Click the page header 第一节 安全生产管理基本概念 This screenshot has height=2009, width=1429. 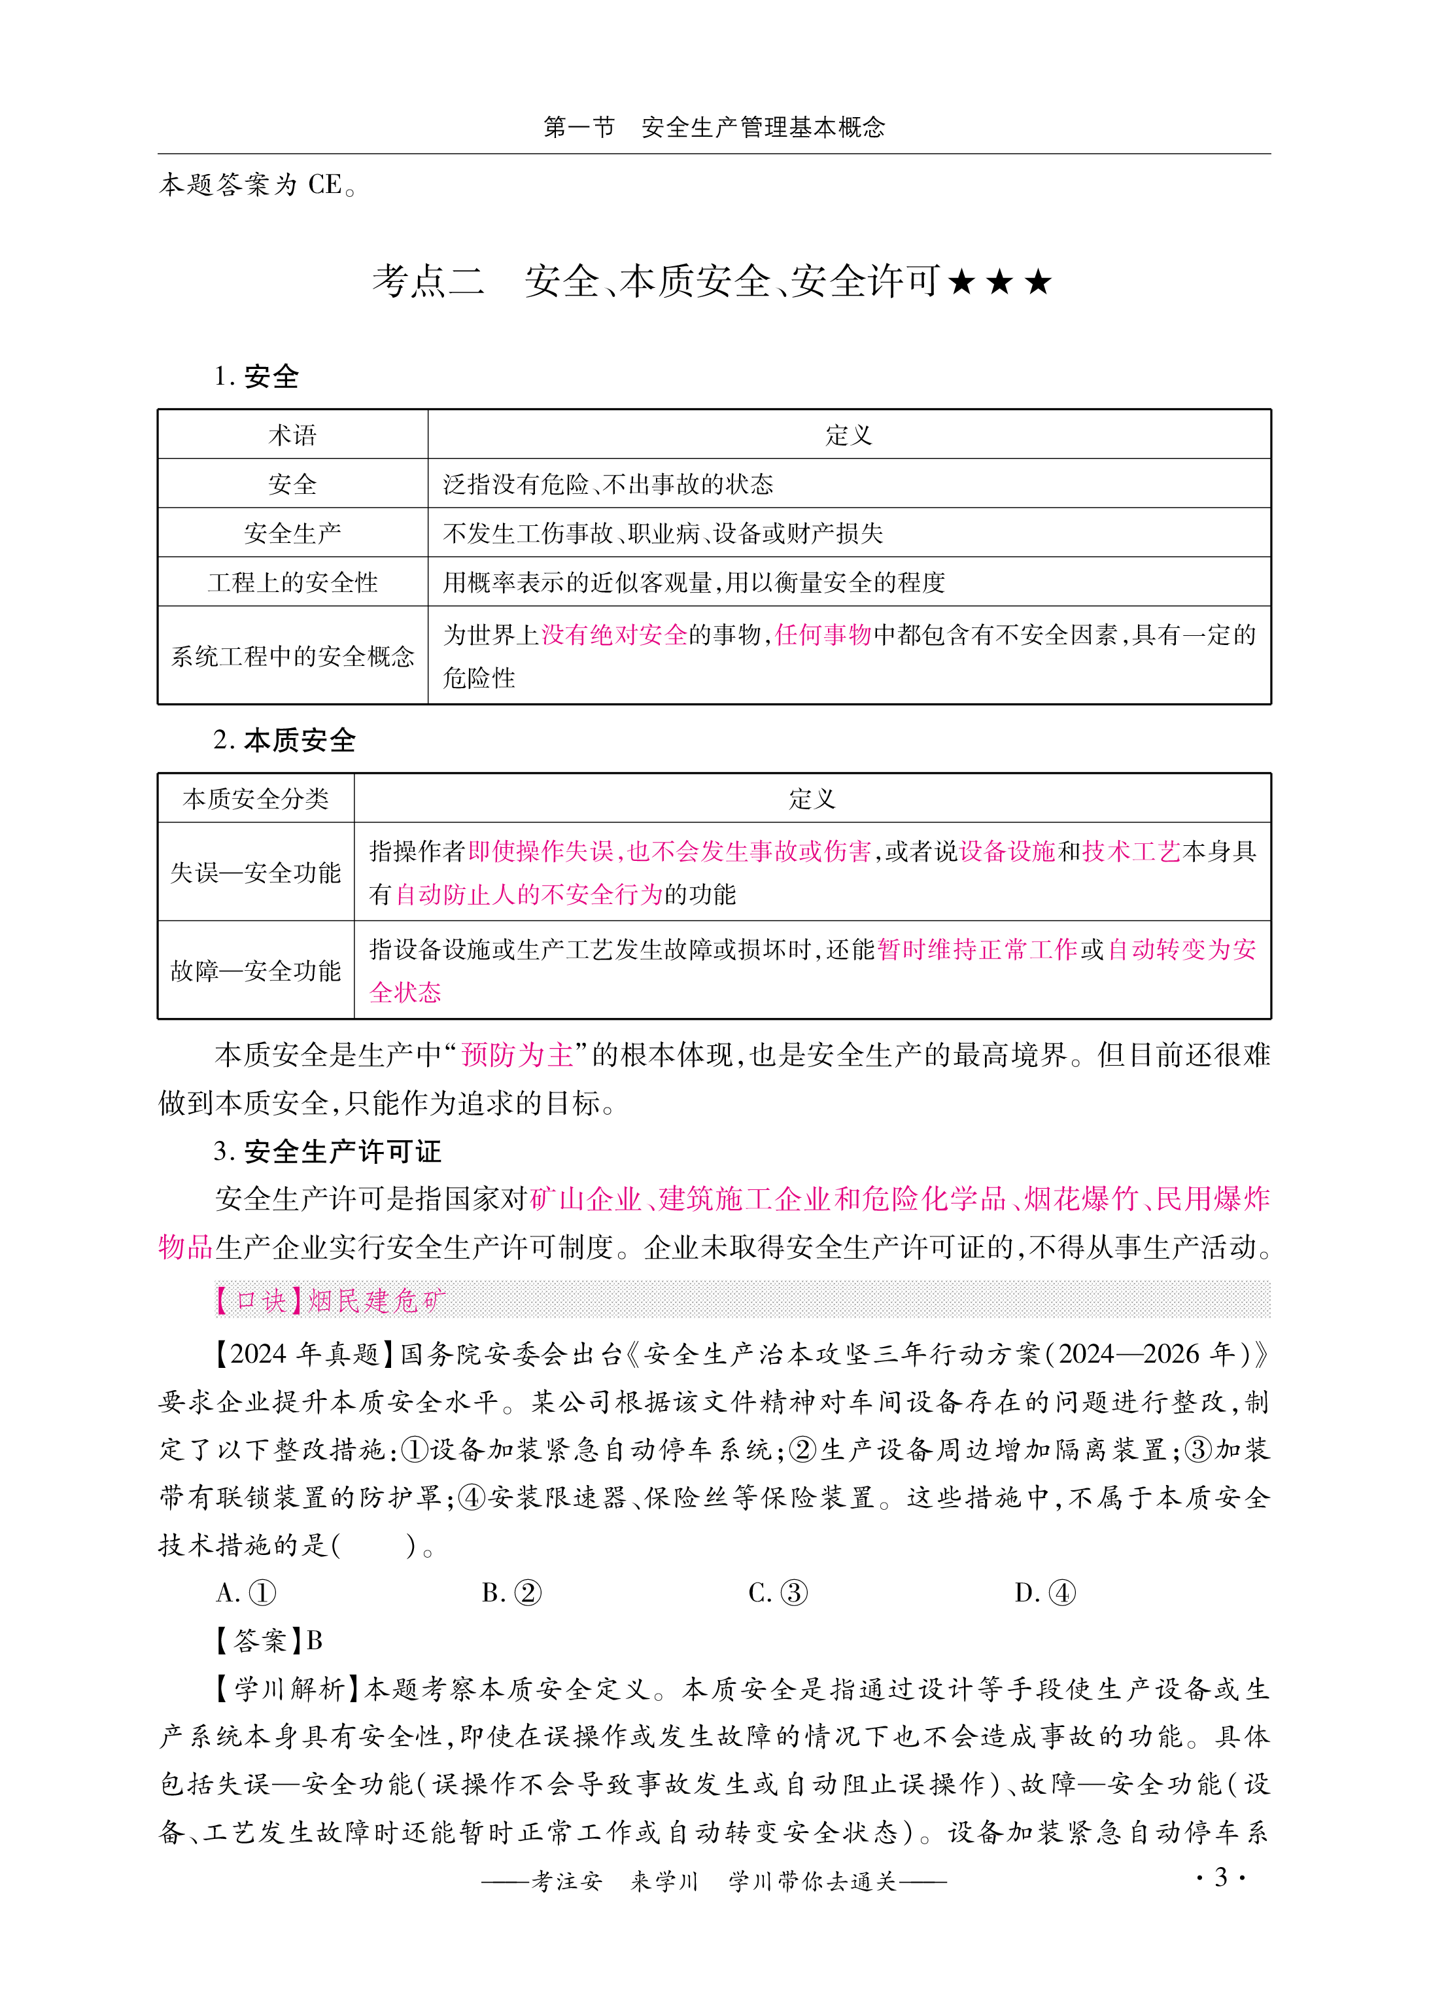click(714, 128)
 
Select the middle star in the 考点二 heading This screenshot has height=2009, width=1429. click(999, 283)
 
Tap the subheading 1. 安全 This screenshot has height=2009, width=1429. click(256, 377)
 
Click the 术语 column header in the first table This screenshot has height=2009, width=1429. click(292, 435)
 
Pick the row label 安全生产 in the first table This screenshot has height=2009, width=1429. click(292, 533)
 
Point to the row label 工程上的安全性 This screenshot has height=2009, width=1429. click(292, 582)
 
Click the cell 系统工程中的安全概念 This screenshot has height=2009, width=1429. click(292, 655)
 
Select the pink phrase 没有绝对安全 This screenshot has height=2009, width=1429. click(613, 635)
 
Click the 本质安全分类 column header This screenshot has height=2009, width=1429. click(255, 798)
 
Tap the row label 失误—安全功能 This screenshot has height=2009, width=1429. click(255, 872)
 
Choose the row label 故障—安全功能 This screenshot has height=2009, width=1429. click(255, 971)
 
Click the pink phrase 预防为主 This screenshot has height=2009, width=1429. click(517, 1055)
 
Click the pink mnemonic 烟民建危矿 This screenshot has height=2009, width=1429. click(377, 1300)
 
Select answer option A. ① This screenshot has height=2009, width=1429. click(247, 1593)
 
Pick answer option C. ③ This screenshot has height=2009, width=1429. click(778, 1593)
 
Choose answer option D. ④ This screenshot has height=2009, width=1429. click(1044, 1593)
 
